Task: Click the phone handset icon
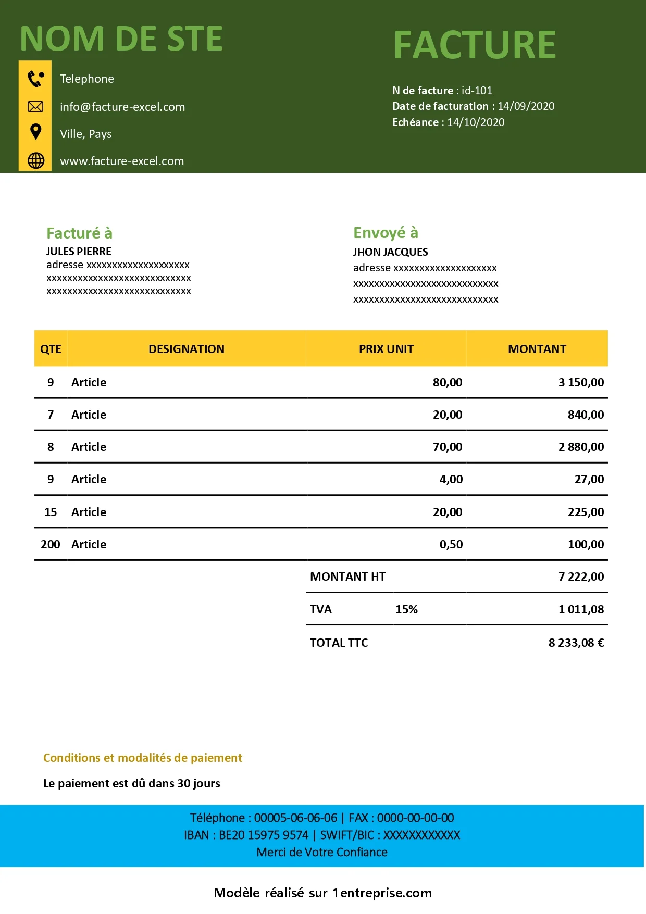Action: pos(35,79)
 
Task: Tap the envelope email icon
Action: pos(35,107)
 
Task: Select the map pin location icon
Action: pos(35,132)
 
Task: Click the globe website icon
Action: pos(35,160)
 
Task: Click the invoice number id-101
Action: pos(477,91)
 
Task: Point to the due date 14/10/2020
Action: pos(476,122)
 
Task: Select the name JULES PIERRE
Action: pos(79,252)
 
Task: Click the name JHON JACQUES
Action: pos(390,252)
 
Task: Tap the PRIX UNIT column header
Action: pos(386,349)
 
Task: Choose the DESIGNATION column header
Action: pos(187,349)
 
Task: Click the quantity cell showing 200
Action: pos(51,544)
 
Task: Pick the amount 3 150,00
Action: pos(581,382)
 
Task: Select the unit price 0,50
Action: pos(451,544)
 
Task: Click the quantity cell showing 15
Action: pos(51,512)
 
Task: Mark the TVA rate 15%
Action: pos(406,609)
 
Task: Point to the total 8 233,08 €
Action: pos(576,643)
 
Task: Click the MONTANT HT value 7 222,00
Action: pos(581,577)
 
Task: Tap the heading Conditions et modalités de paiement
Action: pos(143,758)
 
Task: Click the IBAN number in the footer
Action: pos(264,835)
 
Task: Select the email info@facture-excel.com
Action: pos(122,107)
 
